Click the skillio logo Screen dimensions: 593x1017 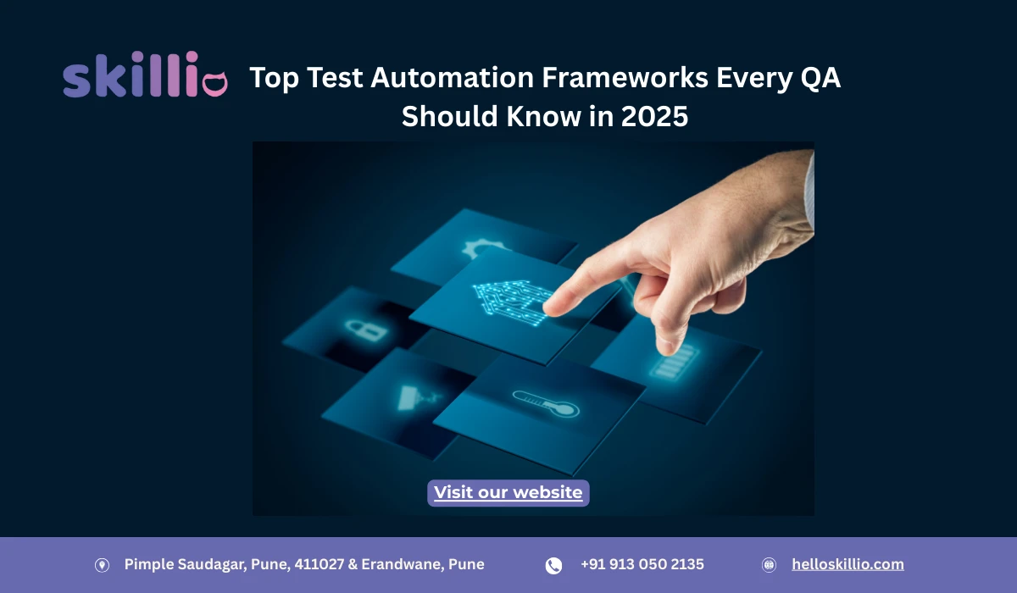[x=145, y=77]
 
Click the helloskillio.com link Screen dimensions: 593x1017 [x=847, y=564]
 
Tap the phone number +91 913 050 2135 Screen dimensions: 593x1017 [x=642, y=564]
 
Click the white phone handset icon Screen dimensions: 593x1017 [x=553, y=565]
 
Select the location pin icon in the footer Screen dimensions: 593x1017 [x=102, y=565]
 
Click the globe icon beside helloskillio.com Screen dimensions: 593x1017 [x=770, y=565]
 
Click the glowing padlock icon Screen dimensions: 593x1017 [x=354, y=328]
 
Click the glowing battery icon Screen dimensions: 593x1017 [x=670, y=366]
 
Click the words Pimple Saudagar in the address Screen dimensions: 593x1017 [x=180, y=564]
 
